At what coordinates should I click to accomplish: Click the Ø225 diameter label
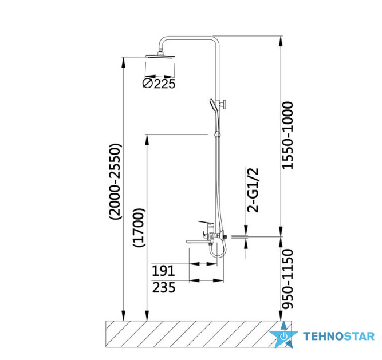(x=159, y=84)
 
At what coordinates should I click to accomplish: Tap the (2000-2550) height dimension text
(x=115, y=181)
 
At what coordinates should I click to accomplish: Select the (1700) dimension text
(x=139, y=228)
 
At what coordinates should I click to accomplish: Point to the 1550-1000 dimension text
(x=288, y=135)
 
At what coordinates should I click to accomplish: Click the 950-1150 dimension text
(x=288, y=279)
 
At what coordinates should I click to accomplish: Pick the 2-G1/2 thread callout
(x=253, y=190)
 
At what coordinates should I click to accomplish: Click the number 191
(x=163, y=271)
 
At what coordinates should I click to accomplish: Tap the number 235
(x=164, y=287)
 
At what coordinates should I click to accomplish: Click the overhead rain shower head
(x=160, y=56)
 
